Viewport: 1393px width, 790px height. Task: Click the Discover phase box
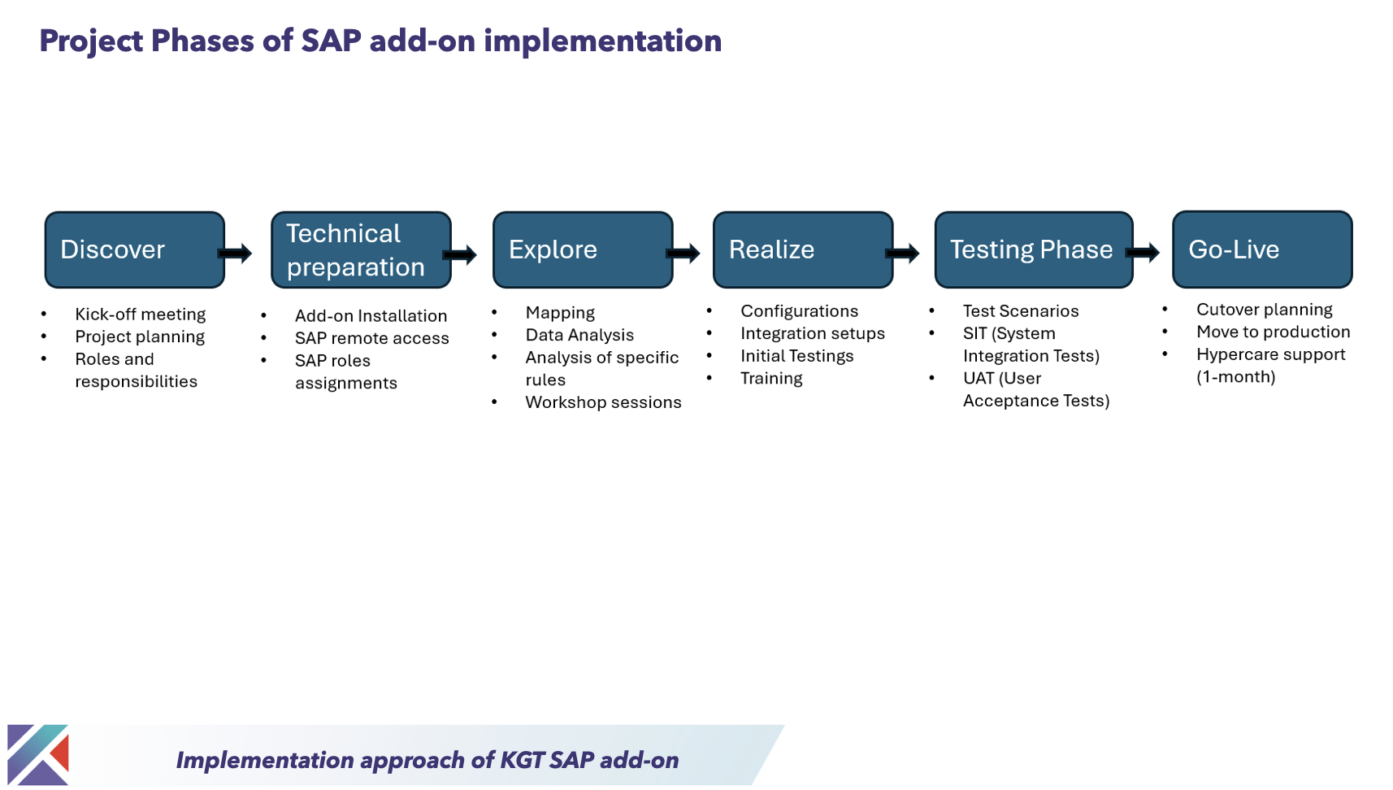134,250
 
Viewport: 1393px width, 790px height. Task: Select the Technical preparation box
361,250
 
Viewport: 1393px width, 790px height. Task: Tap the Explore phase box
583,250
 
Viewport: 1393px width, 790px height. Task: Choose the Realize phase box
803,250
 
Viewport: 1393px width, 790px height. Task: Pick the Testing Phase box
1033,250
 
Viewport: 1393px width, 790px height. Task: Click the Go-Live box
1262,250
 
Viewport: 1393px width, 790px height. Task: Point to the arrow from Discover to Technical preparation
237,254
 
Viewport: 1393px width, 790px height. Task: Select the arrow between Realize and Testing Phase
903,254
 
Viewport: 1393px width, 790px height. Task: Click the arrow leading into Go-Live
1143,253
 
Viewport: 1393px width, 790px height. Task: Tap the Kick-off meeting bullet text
140,315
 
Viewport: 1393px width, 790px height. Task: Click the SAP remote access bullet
371,338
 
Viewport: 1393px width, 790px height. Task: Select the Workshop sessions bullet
603,402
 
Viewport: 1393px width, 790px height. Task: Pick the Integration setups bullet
812,333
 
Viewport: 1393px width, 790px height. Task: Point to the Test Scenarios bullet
1020,311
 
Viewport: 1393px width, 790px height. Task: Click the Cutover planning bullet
1264,310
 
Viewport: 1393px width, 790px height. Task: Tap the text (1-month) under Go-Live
1235,377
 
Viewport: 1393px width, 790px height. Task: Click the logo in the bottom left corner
38,755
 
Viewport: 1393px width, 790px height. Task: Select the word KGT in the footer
522,760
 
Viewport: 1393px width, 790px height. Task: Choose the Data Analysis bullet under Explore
579,335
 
